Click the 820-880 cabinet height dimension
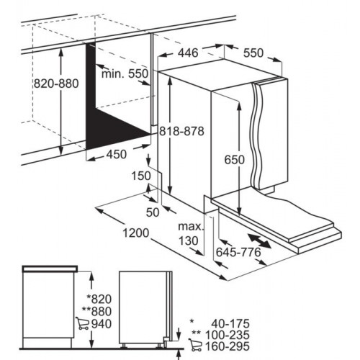tap(56, 84)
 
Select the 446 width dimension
tap(188, 53)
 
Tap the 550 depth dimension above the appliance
tap(253, 53)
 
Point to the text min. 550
tap(125, 73)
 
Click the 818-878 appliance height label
tap(181, 131)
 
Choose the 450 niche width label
tap(117, 154)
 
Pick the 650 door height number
tap(235, 160)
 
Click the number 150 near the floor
tap(141, 176)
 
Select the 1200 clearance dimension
tap(136, 233)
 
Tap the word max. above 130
tap(191, 226)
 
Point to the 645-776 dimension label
tap(238, 252)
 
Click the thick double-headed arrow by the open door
tap(260, 241)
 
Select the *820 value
tap(99, 299)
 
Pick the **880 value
tap(96, 312)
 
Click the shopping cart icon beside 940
tap(82, 323)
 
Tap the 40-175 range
tap(230, 324)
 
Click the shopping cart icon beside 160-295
tap(195, 345)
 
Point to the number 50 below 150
tap(153, 212)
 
